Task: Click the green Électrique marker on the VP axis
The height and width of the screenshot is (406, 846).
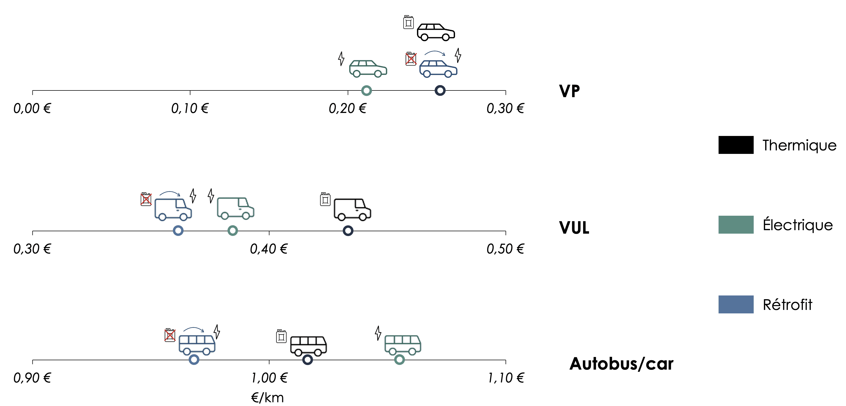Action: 367,90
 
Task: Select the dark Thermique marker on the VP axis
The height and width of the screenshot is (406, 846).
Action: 440,90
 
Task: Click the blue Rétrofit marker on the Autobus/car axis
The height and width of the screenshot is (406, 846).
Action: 194,359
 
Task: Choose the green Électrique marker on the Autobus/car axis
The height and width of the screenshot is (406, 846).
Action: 399,359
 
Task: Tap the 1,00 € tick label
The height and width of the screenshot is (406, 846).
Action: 269,378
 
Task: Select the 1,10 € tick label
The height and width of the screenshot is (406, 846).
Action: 506,378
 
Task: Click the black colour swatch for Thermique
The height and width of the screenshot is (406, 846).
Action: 736,145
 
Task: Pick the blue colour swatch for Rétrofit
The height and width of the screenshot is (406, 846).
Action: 736,304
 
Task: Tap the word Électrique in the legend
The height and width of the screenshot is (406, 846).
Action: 798,225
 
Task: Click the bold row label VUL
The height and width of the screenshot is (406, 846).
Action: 574,227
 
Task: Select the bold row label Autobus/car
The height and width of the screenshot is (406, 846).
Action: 621,364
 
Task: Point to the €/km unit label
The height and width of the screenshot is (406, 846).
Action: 267,397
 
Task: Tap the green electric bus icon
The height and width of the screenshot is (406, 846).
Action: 403,345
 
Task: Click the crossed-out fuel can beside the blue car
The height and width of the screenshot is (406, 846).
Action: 411,59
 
